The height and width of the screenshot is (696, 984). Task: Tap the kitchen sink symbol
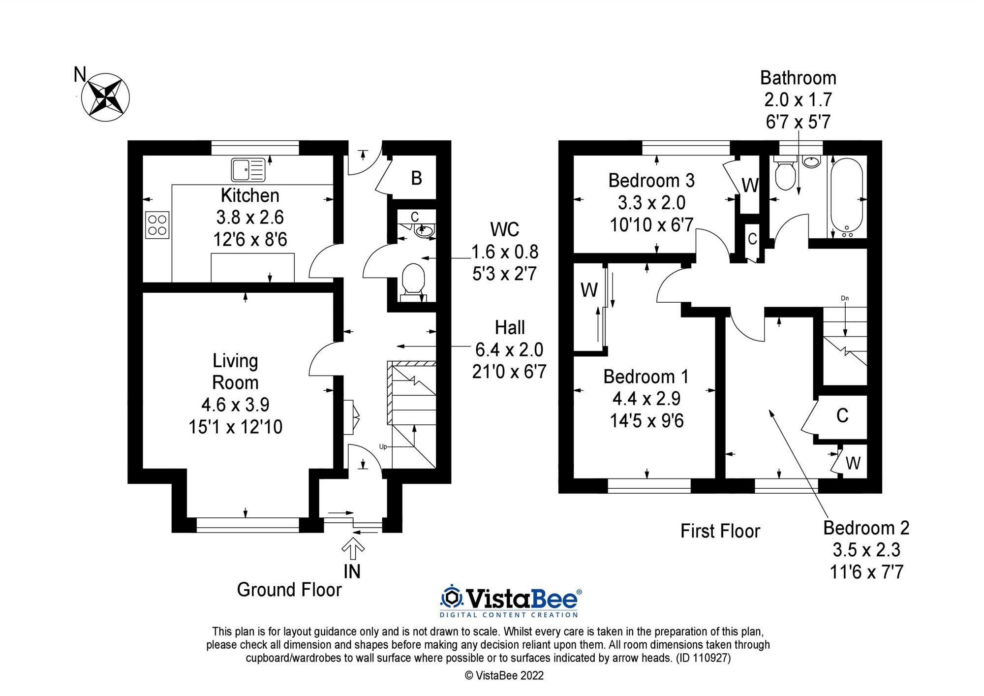[248, 170]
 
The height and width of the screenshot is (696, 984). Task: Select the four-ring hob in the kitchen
[157, 225]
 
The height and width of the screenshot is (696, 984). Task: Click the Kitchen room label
[250, 195]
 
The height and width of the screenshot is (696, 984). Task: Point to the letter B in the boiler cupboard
[416, 178]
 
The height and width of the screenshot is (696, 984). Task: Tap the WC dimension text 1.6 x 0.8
[505, 252]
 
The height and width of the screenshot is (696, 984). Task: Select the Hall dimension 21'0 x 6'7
[509, 372]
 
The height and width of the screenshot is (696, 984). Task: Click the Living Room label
[235, 372]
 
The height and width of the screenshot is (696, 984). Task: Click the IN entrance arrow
[352, 549]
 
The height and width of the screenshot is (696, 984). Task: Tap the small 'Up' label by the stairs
[383, 447]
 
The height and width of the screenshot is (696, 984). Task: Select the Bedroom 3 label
[651, 181]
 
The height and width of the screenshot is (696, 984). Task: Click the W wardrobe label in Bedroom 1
[589, 290]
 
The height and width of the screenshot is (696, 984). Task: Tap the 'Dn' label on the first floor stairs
[845, 298]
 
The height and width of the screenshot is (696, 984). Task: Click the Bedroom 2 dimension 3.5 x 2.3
[866, 550]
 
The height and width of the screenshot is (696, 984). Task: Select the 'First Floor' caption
[720, 531]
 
